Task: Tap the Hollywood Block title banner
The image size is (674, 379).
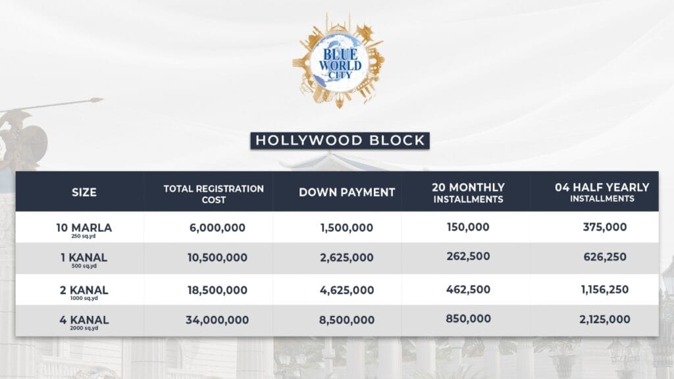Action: coord(340,140)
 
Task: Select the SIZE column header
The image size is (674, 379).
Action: coord(84,193)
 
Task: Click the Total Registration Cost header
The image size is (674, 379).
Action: coord(214,193)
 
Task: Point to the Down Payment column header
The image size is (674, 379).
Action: coord(347,193)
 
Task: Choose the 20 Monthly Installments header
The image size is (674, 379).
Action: coord(469,193)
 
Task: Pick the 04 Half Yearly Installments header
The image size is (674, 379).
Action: coord(602,192)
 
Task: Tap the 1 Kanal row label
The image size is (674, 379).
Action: coord(84,259)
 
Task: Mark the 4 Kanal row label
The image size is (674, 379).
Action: coord(84,322)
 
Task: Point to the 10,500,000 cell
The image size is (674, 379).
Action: coord(217,258)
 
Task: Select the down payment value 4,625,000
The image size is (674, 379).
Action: coord(347,290)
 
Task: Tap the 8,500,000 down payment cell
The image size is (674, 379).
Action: coord(347,320)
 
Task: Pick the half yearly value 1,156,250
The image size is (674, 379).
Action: coord(604,290)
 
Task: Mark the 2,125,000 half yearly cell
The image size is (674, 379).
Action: coord(604,320)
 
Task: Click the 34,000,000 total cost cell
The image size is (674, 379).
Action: coord(217,320)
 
